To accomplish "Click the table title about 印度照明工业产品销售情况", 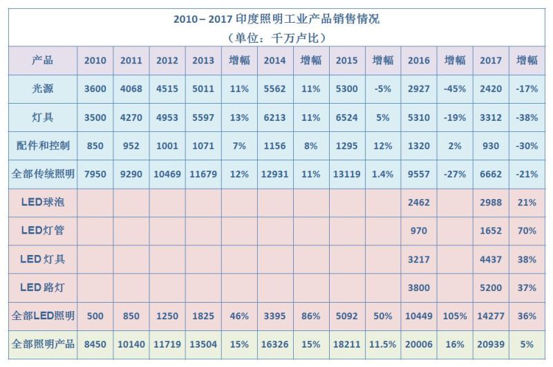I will tap(276, 19).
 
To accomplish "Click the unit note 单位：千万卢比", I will tap(276, 37).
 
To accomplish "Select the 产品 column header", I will tap(42, 60).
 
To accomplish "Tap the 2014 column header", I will tap(275, 60).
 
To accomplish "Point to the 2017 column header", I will tap(491, 60).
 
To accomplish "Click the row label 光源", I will tap(42, 89).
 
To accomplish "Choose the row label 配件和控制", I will tap(42, 146).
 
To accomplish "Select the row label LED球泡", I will tap(42, 203).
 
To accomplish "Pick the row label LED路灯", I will tap(42, 288).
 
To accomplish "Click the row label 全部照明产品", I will tap(42, 344).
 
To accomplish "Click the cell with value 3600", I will tap(95, 89).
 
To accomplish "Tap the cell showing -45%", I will tap(455, 89).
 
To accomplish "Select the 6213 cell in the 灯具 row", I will tap(275, 117).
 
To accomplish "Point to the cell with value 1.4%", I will tap(383, 174).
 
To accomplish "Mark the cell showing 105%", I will tap(455, 316).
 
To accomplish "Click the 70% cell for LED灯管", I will tap(527, 231).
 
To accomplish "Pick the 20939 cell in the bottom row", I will tap(491, 344).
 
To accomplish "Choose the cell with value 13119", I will tap(347, 174).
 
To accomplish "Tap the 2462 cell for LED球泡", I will tap(419, 203).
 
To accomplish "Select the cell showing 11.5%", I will tap(383, 344).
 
